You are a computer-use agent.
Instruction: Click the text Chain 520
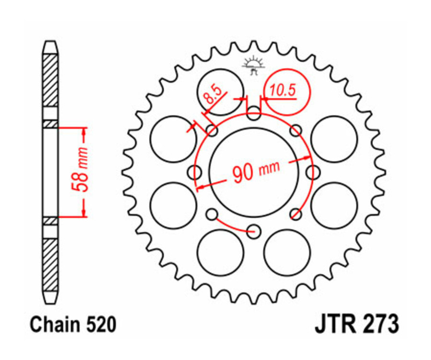click(73, 325)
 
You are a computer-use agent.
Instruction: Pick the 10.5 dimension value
click(282, 90)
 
